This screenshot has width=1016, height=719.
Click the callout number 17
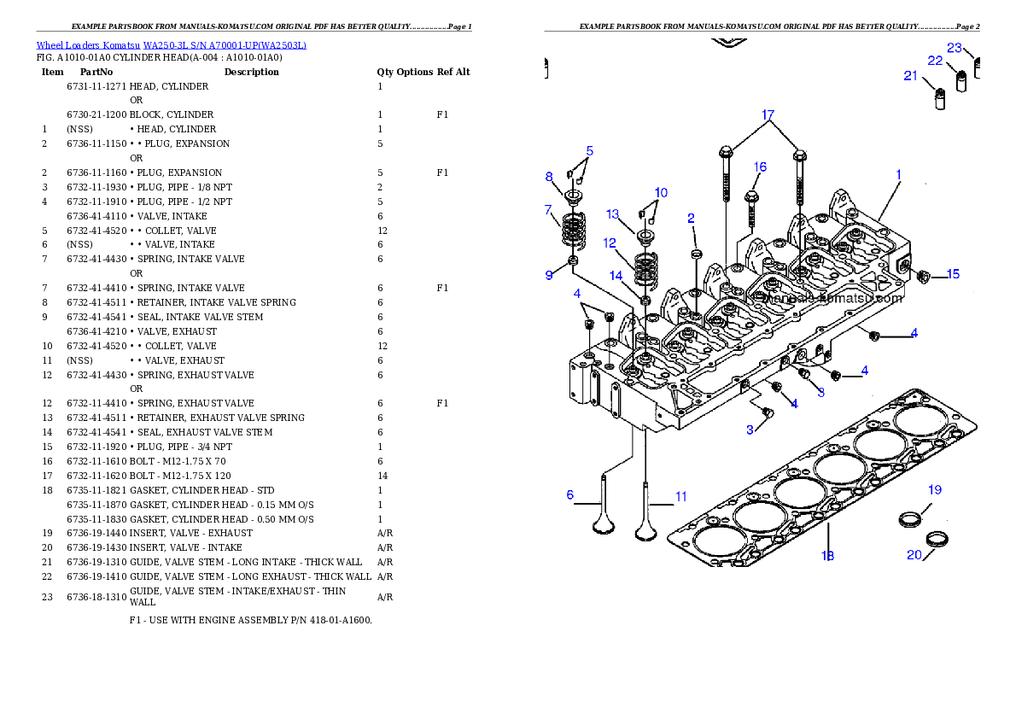click(768, 114)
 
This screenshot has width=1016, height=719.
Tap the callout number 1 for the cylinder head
click(898, 174)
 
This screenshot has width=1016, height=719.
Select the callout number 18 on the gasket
click(827, 556)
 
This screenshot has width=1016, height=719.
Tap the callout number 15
click(953, 274)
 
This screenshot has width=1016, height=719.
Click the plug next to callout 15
click(922, 276)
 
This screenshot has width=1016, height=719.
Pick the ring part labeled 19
click(911, 517)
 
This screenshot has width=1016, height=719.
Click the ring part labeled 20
click(939, 540)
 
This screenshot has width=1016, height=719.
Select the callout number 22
click(935, 61)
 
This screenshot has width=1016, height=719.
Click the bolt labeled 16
click(752, 202)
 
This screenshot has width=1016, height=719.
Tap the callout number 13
click(613, 213)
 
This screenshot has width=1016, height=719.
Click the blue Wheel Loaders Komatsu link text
click(171, 45)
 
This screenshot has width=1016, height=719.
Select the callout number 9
click(549, 275)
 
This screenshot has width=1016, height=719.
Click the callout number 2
click(691, 219)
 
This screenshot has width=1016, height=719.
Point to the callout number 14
click(616, 275)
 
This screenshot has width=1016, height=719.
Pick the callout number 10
click(661, 192)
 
